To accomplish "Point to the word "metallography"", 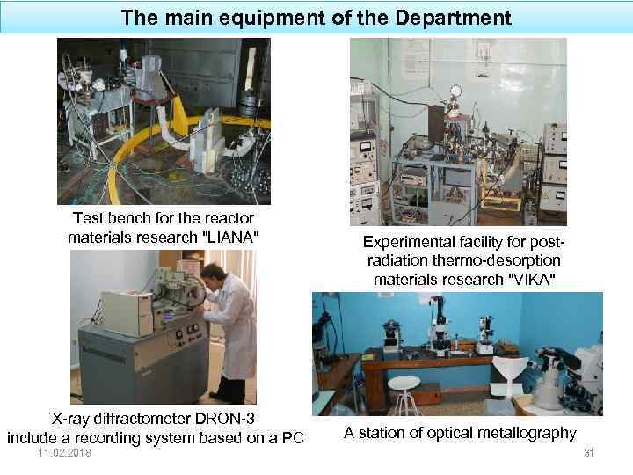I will (527, 433).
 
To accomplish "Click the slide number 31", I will (589, 452).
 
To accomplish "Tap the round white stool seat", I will (405, 382).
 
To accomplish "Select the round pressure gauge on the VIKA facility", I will (455, 91).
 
